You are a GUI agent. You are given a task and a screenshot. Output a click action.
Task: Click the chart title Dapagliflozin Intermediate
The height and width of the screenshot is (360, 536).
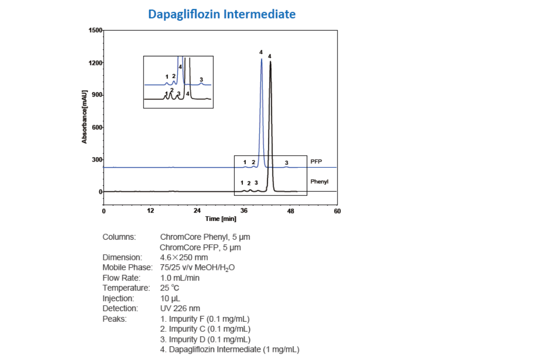tap(222, 14)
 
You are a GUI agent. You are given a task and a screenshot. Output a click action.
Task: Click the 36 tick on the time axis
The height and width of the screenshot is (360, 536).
tap(244, 210)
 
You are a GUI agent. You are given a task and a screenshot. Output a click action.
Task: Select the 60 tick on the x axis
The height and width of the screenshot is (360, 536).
tap(337, 210)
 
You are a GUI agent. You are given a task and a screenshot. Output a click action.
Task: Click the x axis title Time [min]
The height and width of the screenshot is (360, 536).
tap(221, 219)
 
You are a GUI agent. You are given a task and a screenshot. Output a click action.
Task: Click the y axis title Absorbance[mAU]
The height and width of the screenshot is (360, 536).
tap(85, 117)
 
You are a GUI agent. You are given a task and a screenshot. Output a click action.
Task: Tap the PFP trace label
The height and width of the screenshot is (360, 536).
tap(316, 162)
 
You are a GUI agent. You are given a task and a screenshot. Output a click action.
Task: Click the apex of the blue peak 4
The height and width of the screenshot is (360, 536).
tap(261, 59)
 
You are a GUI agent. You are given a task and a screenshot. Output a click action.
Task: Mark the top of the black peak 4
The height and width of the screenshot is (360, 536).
tap(271, 62)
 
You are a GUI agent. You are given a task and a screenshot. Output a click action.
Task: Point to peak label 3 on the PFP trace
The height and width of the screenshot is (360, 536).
tap(287, 163)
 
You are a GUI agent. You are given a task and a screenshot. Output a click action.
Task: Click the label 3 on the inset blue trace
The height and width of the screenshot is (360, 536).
tap(201, 80)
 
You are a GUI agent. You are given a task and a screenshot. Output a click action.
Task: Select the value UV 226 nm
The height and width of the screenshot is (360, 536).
tap(180, 308)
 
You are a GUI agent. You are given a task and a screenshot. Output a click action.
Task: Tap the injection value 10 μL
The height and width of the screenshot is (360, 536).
tap(171, 298)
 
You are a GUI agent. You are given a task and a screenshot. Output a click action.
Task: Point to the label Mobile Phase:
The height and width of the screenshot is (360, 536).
tap(127, 267)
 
